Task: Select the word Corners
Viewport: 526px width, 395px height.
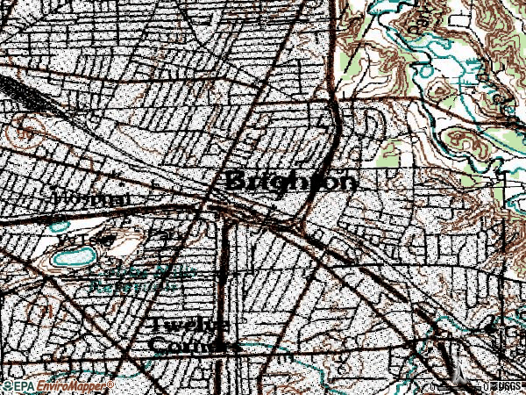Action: [x=194, y=345]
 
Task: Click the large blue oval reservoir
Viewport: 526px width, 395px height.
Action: [x=75, y=258]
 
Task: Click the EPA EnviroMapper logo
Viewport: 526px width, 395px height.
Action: [x=57, y=386]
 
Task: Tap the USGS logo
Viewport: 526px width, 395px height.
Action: [x=507, y=386]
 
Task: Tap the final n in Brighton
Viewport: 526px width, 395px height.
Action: [x=348, y=182]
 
